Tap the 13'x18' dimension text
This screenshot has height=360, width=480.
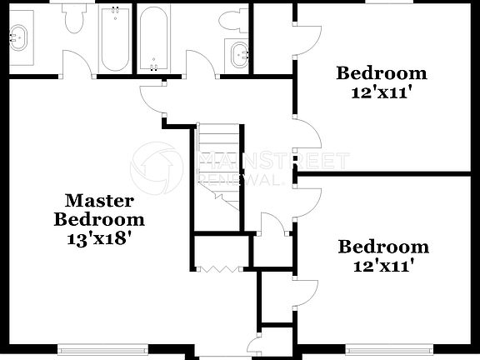tap(99, 239)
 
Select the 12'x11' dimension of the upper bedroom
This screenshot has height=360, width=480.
tap(383, 92)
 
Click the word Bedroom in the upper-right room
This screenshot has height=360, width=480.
tap(382, 73)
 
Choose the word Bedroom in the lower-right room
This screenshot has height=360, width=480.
tap(383, 247)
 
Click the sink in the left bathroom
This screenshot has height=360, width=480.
tap(18, 37)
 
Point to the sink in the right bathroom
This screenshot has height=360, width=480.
tap(240, 54)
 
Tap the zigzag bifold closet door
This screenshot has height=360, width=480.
tap(220, 268)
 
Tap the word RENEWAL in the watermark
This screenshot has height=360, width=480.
tap(229, 178)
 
